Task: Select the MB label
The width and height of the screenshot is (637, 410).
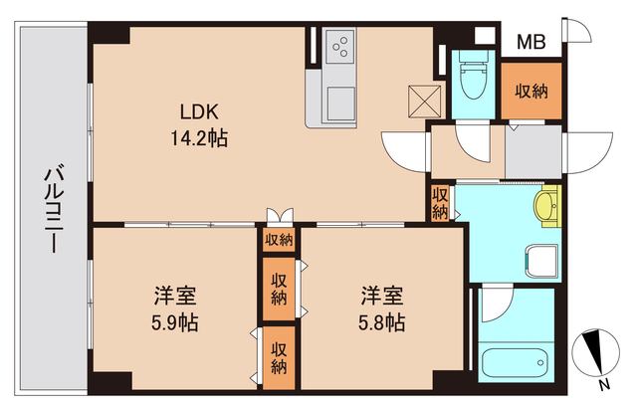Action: pyautogui.click(x=531, y=43)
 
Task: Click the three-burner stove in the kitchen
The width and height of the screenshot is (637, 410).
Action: pyautogui.click(x=342, y=47)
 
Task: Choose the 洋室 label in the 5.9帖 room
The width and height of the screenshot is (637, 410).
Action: pyautogui.click(x=174, y=297)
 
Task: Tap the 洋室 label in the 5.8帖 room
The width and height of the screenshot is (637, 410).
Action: pyautogui.click(x=381, y=297)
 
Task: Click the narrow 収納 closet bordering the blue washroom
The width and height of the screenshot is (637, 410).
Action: pyautogui.click(x=439, y=203)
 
